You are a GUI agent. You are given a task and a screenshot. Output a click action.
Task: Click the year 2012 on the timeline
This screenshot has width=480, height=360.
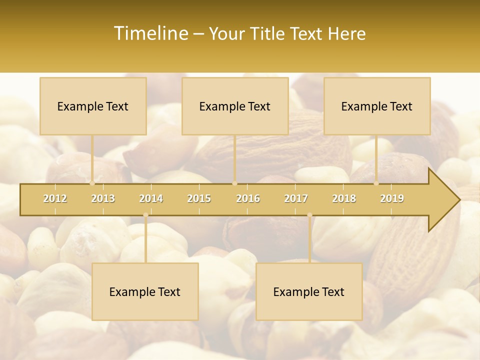click(x=55, y=198)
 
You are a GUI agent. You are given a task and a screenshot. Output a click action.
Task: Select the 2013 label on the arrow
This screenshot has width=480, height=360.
click(x=103, y=198)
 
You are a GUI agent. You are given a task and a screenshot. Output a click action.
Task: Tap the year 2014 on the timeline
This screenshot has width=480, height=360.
click(x=151, y=198)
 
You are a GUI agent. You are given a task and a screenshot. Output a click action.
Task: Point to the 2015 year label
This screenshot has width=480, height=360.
click(x=199, y=198)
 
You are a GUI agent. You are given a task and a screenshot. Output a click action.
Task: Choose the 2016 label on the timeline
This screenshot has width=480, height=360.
click(x=248, y=198)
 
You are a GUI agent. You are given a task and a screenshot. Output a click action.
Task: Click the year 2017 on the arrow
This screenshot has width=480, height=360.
click(x=296, y=198)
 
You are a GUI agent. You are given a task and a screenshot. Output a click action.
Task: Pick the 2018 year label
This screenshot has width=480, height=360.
click(x=344, y=198)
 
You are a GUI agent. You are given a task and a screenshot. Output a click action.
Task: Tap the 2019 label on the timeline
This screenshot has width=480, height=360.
click(x=392, y=198)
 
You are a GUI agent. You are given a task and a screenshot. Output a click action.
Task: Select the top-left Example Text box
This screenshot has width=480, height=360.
click(x=93, y=106)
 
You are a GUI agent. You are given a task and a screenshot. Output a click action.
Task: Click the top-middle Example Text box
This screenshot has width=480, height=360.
click(x=235, y=106)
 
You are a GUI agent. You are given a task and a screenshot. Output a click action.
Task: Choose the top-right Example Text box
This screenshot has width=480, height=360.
click(x=377, y=106)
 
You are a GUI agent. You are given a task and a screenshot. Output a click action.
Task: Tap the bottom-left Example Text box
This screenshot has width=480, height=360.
click(x=145, y=291)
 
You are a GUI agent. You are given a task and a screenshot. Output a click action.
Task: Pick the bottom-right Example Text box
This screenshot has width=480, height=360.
click(x=309, y=291)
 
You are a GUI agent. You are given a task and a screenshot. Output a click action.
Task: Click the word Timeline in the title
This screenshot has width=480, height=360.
click(x=150, y=33)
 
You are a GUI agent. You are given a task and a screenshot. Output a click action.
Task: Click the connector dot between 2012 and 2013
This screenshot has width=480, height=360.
click(x=92, y=183)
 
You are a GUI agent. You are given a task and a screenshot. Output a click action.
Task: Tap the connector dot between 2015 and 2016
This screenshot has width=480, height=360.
click(x=235, y=183)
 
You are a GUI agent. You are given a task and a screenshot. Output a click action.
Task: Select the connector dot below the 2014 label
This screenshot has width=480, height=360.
click(x=145, y=215)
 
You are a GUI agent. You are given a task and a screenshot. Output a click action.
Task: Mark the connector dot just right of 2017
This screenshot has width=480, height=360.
click(x=309, y=215)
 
